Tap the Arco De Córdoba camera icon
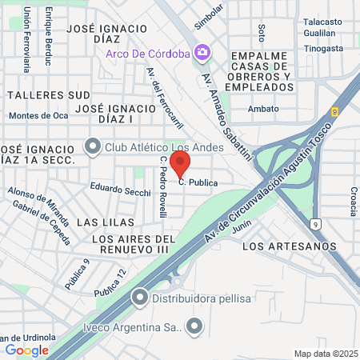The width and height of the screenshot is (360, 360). (x=203, y=53)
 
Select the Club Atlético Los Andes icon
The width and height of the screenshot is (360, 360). (x=94, y=146)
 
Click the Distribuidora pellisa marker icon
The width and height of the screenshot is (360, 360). (x=141, y=299)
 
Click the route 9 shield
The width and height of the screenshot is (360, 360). (x=317, y=222)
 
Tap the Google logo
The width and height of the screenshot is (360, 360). (x=27, y=350)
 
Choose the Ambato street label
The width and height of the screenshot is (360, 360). (x=264, y=109)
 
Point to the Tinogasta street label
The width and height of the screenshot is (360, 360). (x=324, y=47)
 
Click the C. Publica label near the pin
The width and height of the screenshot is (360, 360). (x=198, y=182)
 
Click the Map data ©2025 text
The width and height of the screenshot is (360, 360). (x=324, y=353)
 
